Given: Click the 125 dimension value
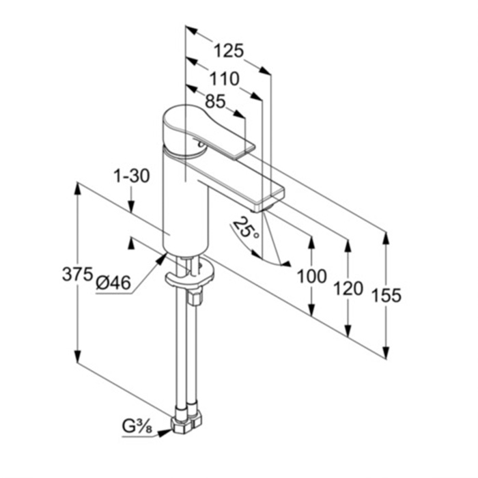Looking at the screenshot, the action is (229, 51).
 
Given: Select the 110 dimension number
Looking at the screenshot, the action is (225, 79).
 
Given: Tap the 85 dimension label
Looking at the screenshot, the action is (215, 101).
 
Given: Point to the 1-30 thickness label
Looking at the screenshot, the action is (132, 176).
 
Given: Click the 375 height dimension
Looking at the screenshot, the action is (77, 274).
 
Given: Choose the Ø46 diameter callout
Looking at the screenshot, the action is (113, 283).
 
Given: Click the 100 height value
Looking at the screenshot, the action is (311, 277).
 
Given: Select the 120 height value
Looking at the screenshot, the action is (348, 289).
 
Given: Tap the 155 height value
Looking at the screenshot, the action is (386, 296).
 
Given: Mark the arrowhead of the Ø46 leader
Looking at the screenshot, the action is (162, 259).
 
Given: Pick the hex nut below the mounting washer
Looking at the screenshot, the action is (195, 297).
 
